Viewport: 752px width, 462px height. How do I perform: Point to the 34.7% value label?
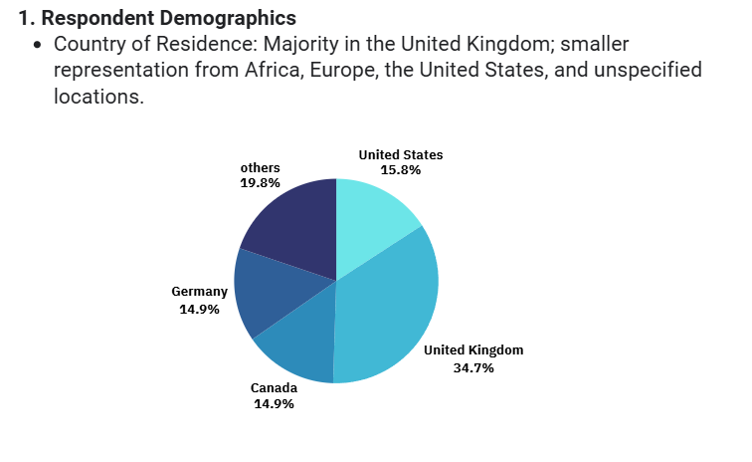[473, 367]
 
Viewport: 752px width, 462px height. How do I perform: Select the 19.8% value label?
[260, 183]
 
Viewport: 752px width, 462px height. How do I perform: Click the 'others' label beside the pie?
[260, 168]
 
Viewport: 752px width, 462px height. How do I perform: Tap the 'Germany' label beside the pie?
[199, 292]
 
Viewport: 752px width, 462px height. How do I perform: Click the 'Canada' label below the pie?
[274, 387]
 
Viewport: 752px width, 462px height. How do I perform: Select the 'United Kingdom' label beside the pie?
[473, 350]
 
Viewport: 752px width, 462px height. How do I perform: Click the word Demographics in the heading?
[229, 19]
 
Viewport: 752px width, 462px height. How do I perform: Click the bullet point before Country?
[38, 46]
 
